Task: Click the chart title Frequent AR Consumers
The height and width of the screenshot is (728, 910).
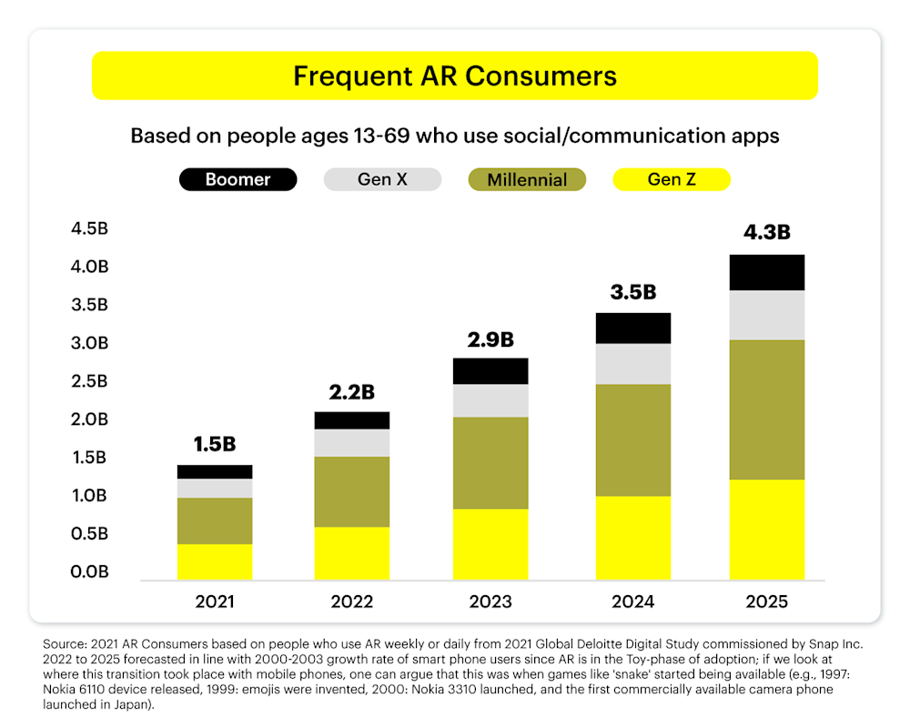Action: (455, 76)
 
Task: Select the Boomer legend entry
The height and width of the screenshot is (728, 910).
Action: (238, 179)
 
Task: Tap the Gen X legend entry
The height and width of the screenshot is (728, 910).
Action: (382, 179)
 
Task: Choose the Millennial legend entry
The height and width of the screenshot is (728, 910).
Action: (527, 179)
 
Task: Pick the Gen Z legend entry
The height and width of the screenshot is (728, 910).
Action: (672, 179)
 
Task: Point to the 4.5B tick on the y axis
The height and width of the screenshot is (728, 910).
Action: (89, 228)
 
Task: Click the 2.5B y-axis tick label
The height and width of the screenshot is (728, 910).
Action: (89, 381)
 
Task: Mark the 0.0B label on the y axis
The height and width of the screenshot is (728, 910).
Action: (89, 572)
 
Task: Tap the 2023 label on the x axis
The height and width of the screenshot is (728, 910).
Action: (490, 602)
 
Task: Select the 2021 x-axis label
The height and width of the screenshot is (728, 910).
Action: (215, 602)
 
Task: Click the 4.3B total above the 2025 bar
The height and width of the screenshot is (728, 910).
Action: (766, 232)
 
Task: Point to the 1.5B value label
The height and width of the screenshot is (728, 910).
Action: (215, 444)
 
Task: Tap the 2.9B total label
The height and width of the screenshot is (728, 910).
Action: (490, 339)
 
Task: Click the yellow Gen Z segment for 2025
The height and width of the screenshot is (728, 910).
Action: (766, 530)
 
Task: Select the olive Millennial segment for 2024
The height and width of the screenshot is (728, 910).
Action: (629, 440)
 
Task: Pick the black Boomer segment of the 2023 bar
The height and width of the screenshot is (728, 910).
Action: (490, 371)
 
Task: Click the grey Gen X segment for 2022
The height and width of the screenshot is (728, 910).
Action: (352, 443)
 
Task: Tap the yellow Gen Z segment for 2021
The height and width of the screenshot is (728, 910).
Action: (215, 561)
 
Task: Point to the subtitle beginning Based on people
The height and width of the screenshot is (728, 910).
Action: (455, 136)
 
